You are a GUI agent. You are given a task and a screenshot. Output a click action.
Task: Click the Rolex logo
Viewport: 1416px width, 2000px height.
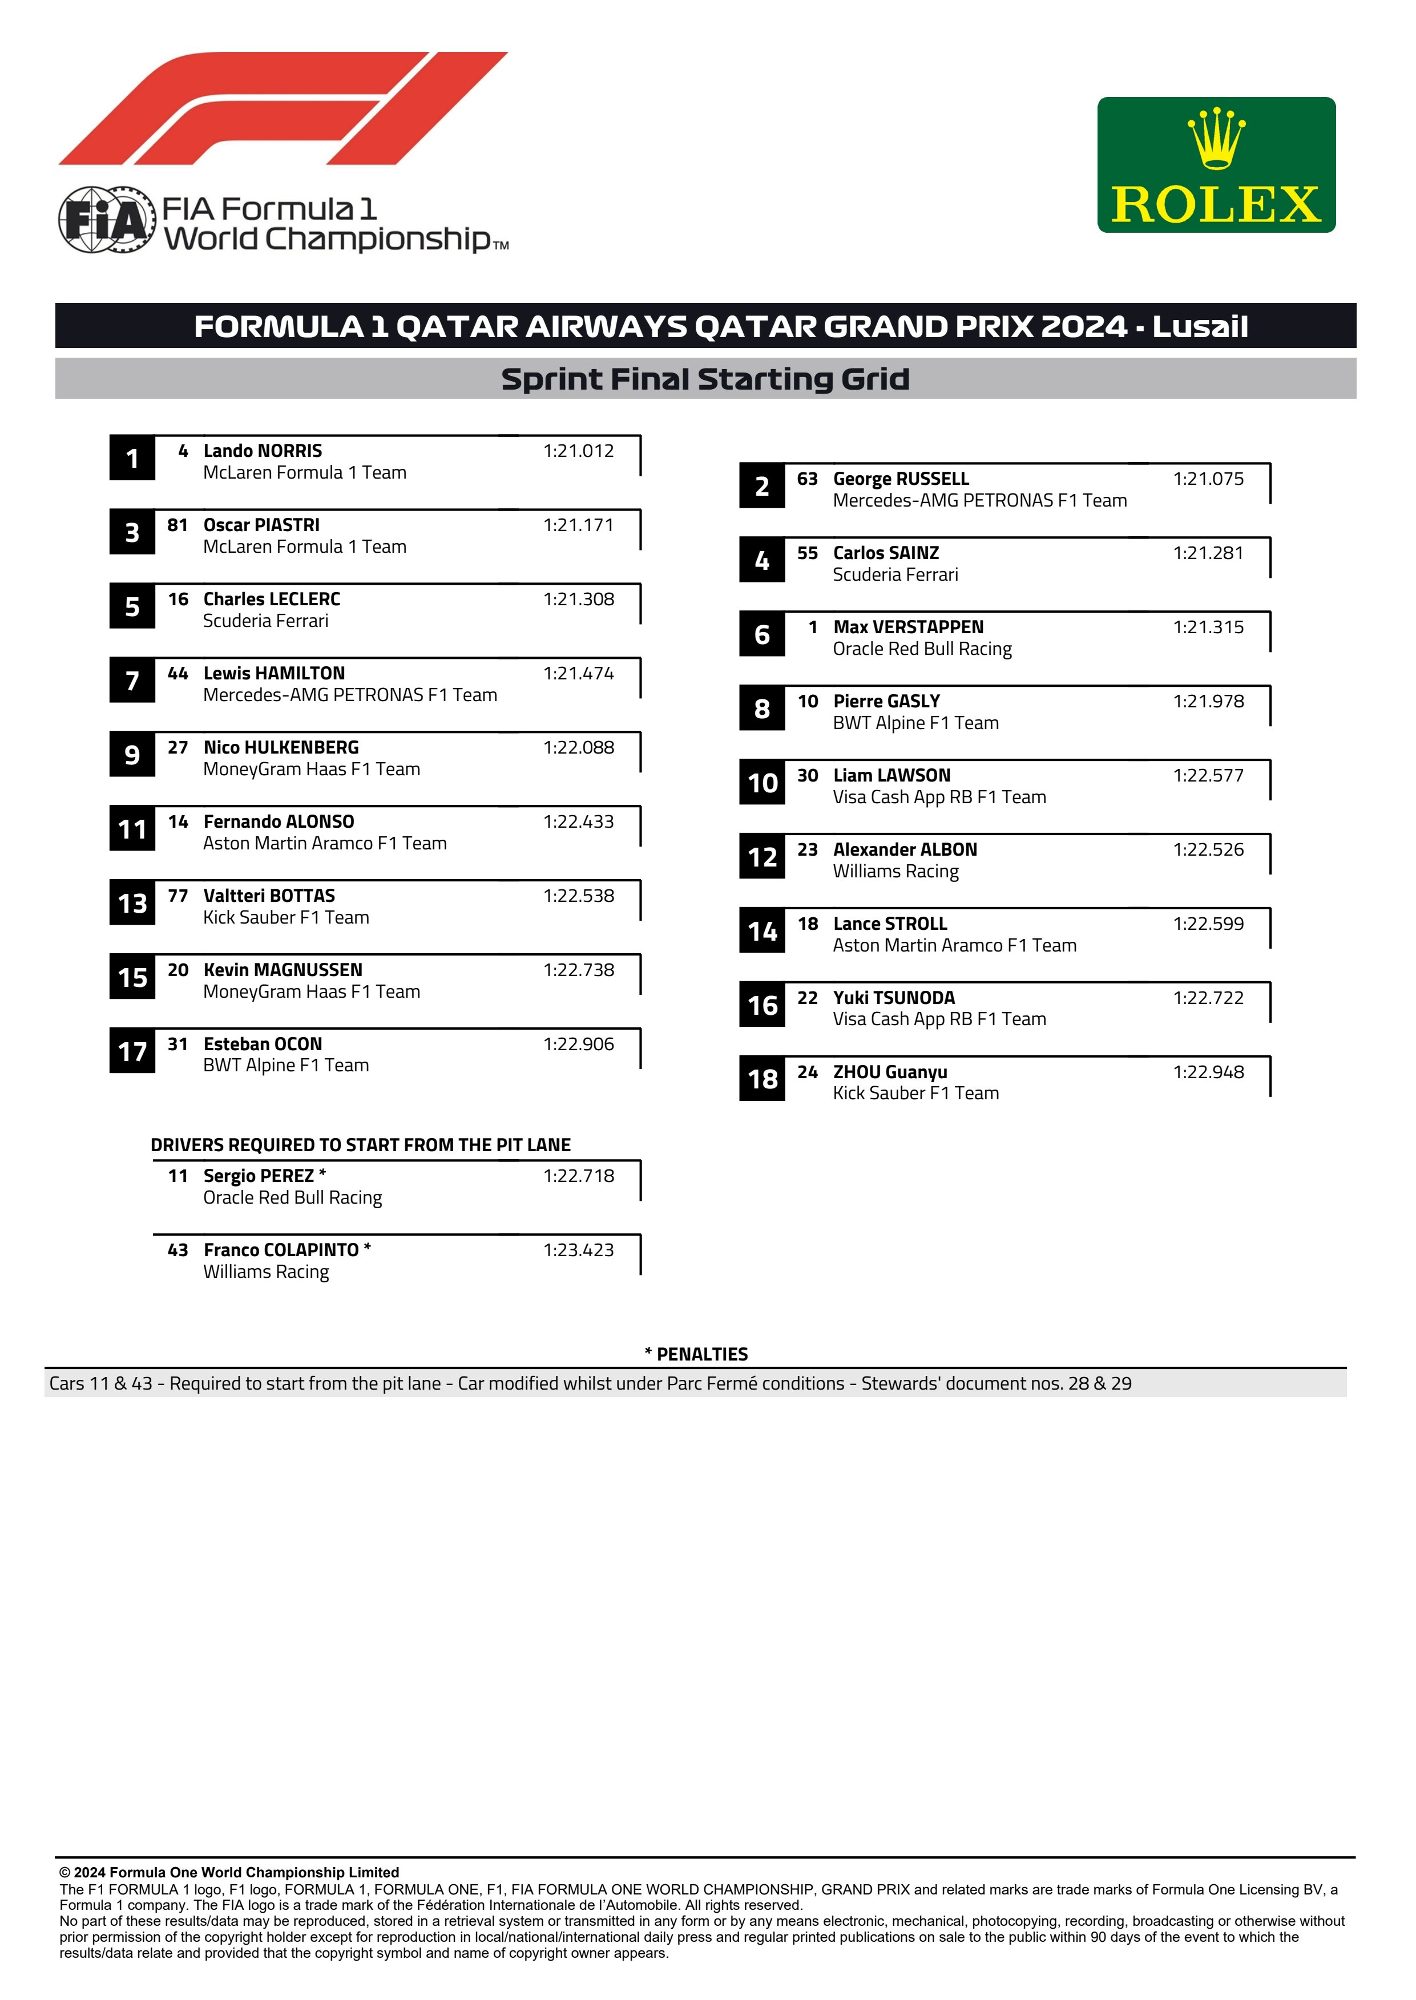1216,165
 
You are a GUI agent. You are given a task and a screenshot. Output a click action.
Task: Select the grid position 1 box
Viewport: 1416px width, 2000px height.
132,458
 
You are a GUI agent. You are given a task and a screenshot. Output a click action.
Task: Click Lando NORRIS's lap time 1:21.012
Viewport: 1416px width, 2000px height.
578,451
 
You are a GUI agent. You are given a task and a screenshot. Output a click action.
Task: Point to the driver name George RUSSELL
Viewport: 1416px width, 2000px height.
901,479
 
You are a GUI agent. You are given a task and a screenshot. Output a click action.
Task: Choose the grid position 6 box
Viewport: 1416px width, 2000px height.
761,634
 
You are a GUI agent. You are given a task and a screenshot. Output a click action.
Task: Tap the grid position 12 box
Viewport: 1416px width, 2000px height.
761,857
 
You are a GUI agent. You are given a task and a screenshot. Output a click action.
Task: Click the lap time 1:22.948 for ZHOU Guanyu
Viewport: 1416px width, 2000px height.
1208,1072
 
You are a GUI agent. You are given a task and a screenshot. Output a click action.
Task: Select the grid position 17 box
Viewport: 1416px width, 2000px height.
132,1051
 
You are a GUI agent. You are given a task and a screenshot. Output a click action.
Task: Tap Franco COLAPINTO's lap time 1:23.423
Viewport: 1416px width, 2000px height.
578,1250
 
